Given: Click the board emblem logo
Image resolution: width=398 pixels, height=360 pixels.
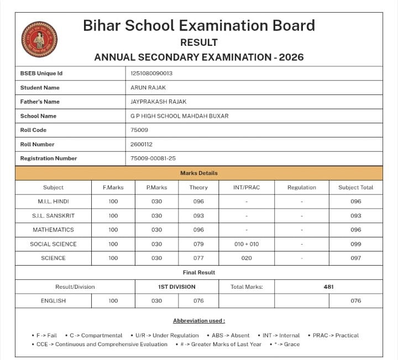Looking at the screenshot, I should pos(39,39).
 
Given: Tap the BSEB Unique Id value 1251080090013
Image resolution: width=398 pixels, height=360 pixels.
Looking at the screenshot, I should pos(151,73).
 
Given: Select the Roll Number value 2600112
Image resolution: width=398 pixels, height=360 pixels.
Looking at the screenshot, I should pos(142,144).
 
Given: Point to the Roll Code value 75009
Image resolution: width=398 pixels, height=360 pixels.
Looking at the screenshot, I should pos(139,130).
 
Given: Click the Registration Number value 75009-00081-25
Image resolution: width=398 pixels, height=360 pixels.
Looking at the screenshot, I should pos(153,158).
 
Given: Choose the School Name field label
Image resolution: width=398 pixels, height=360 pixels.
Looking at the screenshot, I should pos(38,116).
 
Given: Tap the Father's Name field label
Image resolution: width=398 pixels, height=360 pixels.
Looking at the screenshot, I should pos(40,102).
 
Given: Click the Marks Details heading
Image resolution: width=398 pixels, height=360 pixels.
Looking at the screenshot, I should pos(199,173).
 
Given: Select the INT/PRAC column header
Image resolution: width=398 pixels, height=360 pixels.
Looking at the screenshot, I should pos(247,188).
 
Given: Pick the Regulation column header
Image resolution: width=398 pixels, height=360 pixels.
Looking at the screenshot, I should pos(302,188).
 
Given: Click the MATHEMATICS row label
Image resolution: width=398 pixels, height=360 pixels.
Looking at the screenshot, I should pos(53,230).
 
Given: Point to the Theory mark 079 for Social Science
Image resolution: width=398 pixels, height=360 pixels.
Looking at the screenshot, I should pos(198,244).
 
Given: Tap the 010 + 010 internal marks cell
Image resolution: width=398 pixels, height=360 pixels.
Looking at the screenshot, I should pos(247,244).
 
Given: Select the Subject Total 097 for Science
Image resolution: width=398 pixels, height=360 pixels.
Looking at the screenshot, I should pos(356,258).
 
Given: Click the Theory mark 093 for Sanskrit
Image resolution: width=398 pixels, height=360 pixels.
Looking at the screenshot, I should pos(198,216).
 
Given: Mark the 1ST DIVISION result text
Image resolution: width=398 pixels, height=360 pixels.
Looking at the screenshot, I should pos(177,287).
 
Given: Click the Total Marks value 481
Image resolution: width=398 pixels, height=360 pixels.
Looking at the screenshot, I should pos(328,287).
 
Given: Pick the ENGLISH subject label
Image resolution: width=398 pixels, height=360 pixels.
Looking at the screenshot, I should pos(53,301).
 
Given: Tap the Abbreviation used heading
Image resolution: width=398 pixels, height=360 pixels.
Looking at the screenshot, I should pos(199,321).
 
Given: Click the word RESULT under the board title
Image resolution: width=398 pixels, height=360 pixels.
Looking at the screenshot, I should pos(199,43).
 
